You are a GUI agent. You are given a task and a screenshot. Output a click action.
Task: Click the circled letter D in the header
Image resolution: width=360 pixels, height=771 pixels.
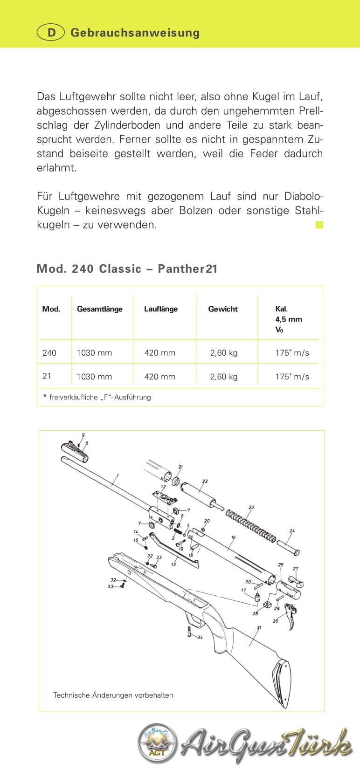50,33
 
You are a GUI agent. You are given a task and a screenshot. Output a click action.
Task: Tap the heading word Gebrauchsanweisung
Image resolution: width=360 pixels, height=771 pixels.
135,33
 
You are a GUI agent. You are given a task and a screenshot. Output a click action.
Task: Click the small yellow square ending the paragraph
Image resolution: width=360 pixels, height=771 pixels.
319,225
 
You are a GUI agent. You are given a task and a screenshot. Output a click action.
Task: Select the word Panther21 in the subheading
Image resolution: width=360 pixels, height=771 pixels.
187,269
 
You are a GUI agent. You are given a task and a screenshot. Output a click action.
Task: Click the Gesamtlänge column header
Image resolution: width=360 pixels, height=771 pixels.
99,309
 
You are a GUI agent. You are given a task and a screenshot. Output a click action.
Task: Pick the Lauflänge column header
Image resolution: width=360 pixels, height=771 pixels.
160,309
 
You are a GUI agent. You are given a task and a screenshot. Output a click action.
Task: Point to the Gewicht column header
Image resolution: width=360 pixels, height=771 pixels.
222,309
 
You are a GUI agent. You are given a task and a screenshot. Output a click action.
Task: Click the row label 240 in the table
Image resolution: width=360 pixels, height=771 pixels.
49,353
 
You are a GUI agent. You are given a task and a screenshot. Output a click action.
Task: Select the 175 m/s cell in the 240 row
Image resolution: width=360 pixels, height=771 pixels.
292,353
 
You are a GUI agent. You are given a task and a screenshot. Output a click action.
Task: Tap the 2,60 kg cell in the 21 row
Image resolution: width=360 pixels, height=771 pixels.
223,377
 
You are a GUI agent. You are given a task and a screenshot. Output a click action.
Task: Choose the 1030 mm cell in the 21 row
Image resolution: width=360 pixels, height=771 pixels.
94,377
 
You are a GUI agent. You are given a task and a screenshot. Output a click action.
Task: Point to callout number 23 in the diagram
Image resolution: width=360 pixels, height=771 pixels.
251,508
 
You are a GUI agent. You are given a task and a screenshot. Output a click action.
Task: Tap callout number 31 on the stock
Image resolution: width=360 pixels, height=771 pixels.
259,627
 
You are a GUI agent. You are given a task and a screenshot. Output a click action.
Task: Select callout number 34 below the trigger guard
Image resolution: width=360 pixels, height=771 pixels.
200,637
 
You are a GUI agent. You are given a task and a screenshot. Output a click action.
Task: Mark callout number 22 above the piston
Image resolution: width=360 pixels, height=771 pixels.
205,482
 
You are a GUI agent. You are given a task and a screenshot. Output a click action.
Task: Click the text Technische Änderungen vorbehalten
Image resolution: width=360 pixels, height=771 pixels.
113,695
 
